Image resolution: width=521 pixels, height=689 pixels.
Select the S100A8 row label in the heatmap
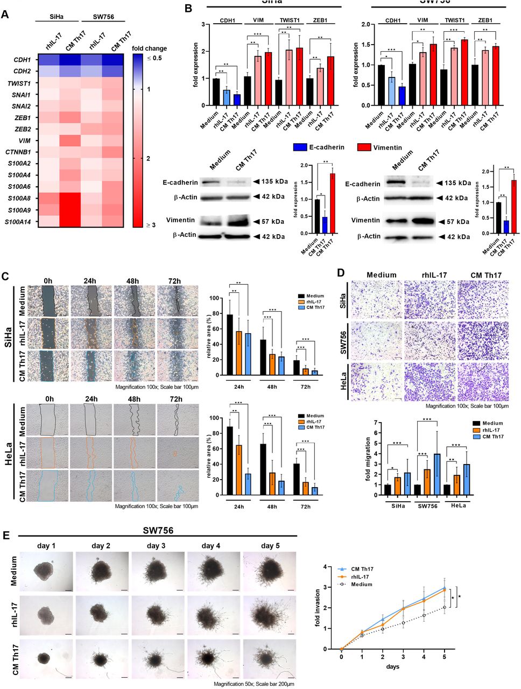click(19, 198)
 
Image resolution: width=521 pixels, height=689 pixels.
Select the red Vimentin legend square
click(364, 147)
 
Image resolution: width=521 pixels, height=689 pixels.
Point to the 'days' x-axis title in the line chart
click(392, 666)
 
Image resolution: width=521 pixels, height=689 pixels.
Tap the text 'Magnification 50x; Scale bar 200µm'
click(254, 683)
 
